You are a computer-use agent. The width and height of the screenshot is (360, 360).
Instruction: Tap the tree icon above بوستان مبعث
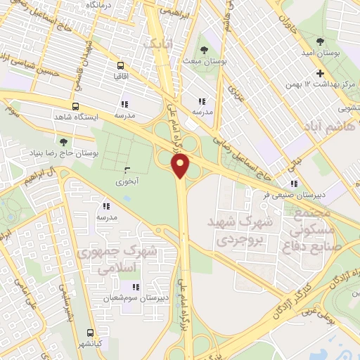click(204, 49)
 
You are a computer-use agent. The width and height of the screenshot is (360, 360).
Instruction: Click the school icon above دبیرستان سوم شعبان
click(135, 287)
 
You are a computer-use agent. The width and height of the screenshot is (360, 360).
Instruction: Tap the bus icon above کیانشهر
click(90, 333)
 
